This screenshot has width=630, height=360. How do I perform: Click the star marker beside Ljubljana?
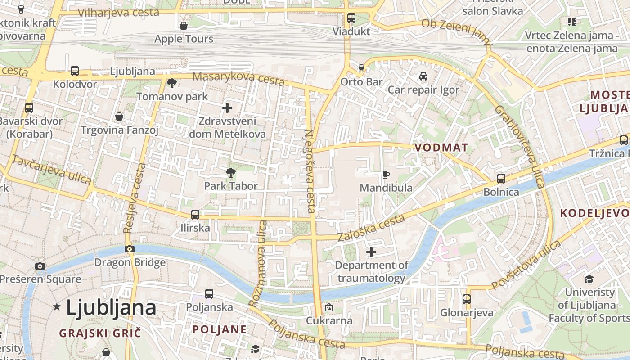coord(57,307)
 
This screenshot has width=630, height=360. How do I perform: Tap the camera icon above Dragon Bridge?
coord(130,249)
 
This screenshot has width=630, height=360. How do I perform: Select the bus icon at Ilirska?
coord(195,215)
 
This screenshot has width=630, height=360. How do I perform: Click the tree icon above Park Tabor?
coord(230,172)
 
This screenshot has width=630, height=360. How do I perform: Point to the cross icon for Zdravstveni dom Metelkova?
coord(227,108)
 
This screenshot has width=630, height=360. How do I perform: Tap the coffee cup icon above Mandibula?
coord(386,174)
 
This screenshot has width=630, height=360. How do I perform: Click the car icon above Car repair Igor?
coord(423,76)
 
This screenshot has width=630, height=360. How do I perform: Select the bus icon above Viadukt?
coord(351,18)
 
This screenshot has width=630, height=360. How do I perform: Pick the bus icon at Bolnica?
coord(501,179)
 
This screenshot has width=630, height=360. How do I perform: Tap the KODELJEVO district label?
coord(594,213)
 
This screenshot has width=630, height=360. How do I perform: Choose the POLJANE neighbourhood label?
coord(220,329)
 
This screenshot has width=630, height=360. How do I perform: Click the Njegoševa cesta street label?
coord(309,171)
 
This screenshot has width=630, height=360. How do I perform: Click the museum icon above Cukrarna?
coord(329,308)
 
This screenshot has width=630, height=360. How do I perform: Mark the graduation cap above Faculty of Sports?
coord(589,279)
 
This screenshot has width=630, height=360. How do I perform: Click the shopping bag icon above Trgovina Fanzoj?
coord(119,117)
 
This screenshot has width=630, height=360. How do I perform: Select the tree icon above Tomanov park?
coord(171,83)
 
